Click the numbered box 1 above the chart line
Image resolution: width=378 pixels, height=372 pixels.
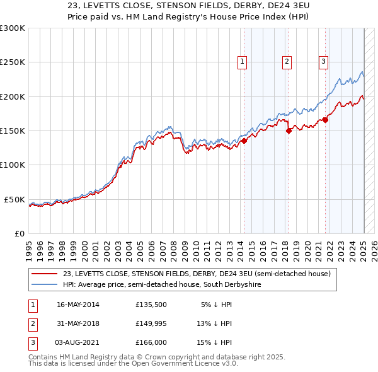coord(243,62)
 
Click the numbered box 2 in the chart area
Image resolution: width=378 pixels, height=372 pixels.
coord(287,62)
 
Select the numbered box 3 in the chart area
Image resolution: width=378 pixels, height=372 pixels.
coord(323,62)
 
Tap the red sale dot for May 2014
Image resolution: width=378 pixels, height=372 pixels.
coord(244,141)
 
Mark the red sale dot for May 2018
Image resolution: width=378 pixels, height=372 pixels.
coord(289,131)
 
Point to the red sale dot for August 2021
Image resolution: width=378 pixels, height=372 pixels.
coord(326,120)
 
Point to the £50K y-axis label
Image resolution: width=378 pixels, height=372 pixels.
coord(14,199)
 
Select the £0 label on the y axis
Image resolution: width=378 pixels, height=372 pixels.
coord(20,233)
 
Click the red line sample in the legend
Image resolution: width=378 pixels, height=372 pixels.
coord(44,274)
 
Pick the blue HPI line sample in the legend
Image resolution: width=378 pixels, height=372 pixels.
coord(44,284)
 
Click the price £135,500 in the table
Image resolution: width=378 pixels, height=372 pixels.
coord(151,305)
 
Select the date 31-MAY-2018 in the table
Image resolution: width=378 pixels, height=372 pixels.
coord(78,323)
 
